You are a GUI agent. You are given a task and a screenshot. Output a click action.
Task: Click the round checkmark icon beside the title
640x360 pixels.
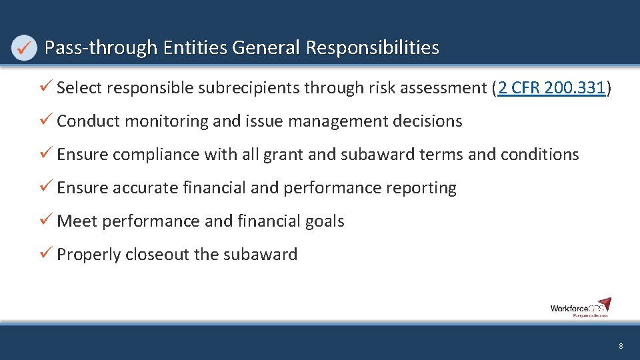click(25, 48)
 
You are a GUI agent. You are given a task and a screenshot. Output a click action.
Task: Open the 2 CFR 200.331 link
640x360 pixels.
click(551, 88)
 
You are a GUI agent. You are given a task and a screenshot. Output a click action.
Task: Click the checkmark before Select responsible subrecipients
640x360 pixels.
click(46, 87)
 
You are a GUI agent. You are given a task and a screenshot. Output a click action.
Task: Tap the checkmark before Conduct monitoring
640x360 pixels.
click(46, 121)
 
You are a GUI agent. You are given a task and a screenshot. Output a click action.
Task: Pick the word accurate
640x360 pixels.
click(146, 188)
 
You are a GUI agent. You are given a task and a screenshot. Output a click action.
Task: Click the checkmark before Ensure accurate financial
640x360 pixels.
click(46, 187)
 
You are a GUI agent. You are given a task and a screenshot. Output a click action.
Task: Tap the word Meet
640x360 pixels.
click(77, 221)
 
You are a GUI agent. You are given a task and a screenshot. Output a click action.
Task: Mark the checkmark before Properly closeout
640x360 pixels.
click(46, 254)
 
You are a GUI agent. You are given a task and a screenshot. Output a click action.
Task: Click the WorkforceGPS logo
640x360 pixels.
click(580, 307)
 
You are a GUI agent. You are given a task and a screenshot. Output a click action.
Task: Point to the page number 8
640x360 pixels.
click(621, 346)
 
